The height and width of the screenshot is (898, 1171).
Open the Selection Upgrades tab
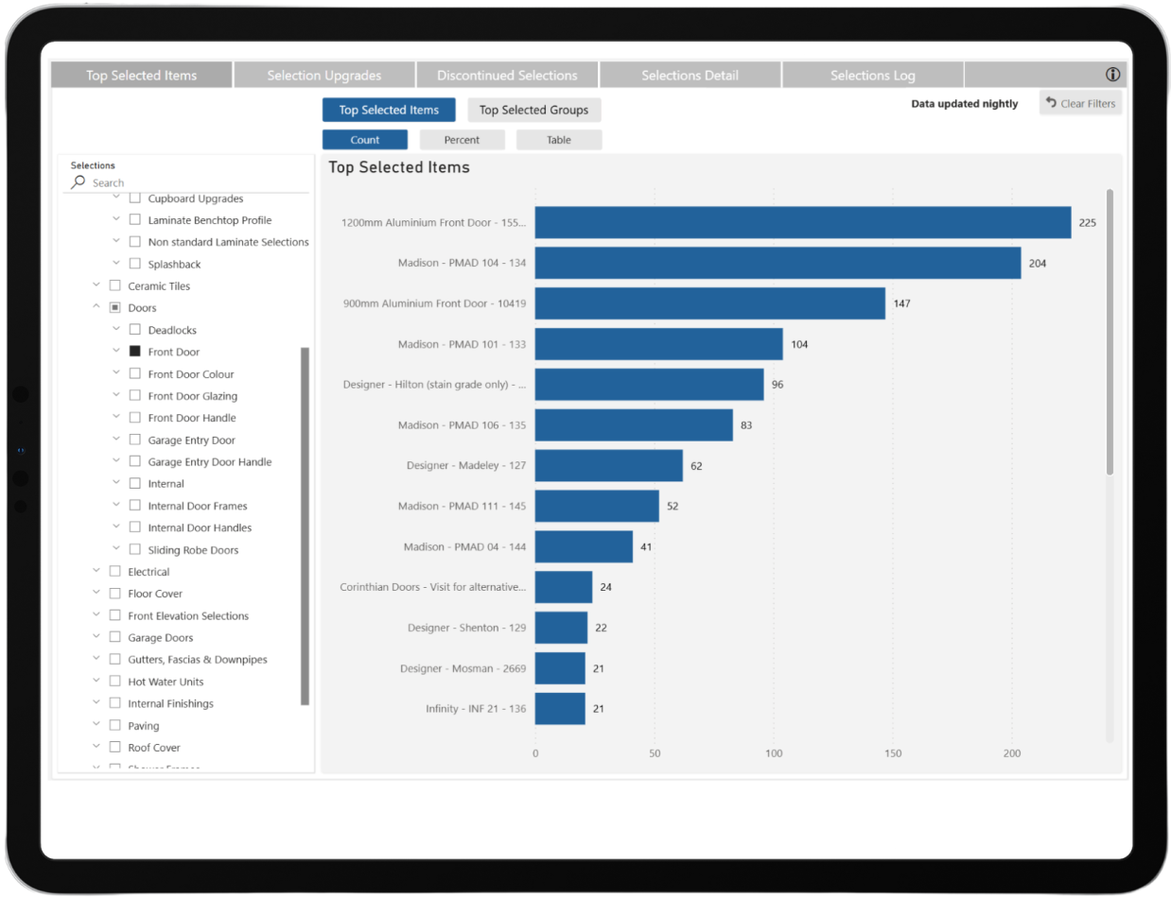[x=324, y=76]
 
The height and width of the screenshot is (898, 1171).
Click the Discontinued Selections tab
[x=507, y=76]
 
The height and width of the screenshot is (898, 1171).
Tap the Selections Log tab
[x=872, y=76]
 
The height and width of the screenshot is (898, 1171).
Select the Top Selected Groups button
[x=533, y=111]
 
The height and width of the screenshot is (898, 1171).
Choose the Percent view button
[x=462, y=140]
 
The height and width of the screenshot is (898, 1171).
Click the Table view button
[x=558, y=140]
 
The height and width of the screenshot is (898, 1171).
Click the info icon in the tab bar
[x=1112, y=75]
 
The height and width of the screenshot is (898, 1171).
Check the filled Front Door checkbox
[x=135, y=352]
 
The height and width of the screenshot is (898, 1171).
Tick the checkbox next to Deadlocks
[x=135, y=330]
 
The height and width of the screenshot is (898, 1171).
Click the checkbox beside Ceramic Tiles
[x=115, y=285]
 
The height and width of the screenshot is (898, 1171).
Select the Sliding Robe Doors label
[x=193, y=550]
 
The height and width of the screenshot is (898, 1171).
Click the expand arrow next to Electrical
[x=96, y=571]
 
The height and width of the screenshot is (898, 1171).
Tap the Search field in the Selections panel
[x=189, y=182]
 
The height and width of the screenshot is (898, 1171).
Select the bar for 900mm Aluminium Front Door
[x=709, y=303]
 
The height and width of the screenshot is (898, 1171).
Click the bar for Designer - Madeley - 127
[x=608, y=466]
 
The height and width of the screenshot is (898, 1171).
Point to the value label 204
[x=1038, y=264]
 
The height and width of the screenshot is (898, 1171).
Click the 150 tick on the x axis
[x=893, y=753]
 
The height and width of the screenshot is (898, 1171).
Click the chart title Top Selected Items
[x=398, y=167]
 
